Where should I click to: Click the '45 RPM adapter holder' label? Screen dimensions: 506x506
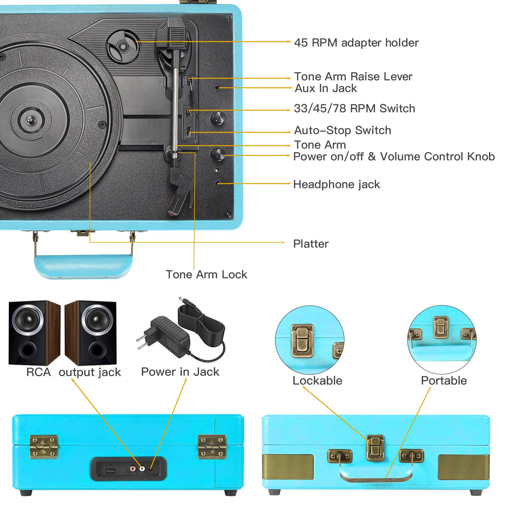coord(356,43)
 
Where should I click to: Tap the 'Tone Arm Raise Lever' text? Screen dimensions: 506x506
coord(353,76)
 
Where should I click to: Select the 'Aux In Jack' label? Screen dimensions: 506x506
coord(326,88)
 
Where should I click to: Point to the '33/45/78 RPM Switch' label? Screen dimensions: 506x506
coord(354,108)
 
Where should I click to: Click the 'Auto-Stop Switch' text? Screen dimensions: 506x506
coord(342,130)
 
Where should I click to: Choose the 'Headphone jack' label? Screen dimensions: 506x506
coord(336,184)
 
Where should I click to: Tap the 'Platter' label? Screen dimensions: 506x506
coord(311,244)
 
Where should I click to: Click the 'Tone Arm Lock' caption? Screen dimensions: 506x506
coord(206,275)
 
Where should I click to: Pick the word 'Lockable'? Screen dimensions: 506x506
coord(317,380)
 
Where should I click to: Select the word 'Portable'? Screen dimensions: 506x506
coord(444,380)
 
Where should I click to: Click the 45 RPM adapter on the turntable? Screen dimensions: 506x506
coord(123,46)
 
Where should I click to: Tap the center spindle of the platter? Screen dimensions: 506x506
coord(30,120)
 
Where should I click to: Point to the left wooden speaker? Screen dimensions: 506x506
coord(34,333)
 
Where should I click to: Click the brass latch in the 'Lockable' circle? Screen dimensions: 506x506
coord(302,341)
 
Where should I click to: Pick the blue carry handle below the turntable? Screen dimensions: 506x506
coord(83,266)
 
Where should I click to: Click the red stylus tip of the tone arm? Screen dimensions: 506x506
coord(172,212)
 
